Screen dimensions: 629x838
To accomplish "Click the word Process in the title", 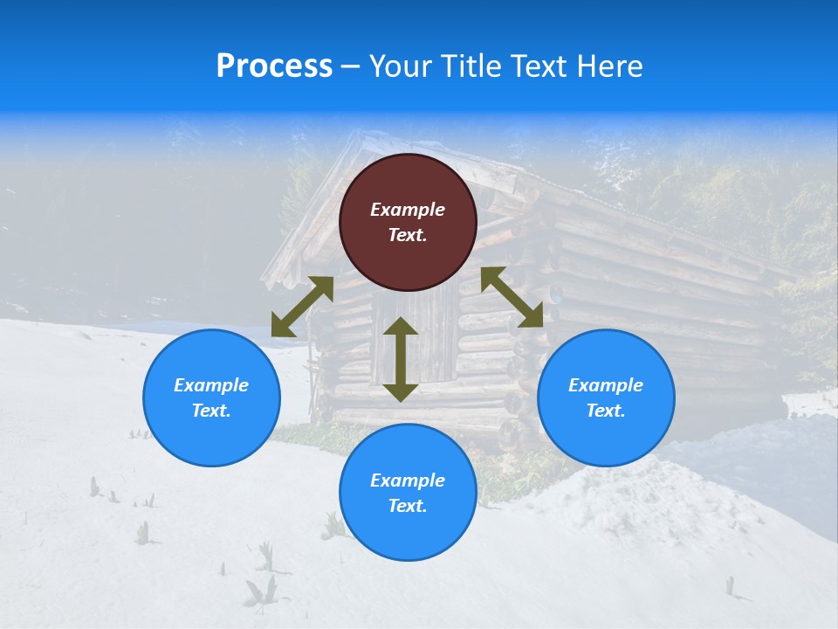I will click(x=274, y=66).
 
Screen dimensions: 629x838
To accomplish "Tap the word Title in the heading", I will click(x=470, y=66).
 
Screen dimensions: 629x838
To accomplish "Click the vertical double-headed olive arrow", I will click(x=401, y=359).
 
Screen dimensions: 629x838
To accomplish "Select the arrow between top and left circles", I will click(x=302, y=307).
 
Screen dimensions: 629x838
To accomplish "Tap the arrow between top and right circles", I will click(x=512, y=297).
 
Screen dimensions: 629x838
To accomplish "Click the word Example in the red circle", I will click(x=408, y=210).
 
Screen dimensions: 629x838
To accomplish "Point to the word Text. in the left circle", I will click(x=211, y=411).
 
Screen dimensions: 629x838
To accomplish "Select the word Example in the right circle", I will click(x=606, y=385).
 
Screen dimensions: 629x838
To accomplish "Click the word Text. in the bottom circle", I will click(x=408, y=506).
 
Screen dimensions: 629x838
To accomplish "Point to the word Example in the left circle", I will click(x=211, y=385).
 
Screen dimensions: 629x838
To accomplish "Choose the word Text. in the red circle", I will click(x=408, y=235).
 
